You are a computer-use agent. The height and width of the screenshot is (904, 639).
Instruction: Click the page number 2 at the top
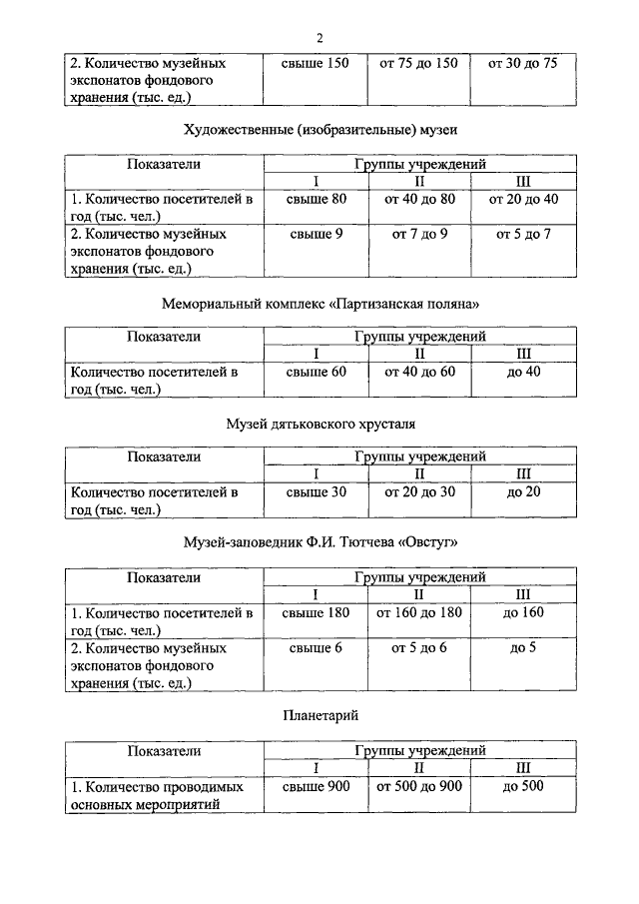coord(319,38)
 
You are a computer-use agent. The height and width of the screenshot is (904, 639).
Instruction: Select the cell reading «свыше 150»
coord(317,63)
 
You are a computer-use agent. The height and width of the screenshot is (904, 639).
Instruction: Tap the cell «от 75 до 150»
coord(418,63)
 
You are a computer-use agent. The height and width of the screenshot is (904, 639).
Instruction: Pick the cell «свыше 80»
coord(317,200)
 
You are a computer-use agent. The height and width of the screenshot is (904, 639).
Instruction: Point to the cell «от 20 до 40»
coord(522,200)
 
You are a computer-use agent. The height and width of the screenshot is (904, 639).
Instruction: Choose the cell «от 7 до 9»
coord(419,234)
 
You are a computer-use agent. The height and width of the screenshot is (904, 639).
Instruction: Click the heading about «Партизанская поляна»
coord(319,302)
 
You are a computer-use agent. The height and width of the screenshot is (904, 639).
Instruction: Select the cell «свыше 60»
coord(317,373)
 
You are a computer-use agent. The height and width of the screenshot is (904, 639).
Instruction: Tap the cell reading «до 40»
coord(523,373)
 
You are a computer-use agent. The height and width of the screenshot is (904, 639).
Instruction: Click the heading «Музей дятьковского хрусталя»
coord(319,425)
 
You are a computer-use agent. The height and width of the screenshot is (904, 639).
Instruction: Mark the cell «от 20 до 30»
coord(419,491)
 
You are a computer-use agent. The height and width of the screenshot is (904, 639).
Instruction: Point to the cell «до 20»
coord(523,491)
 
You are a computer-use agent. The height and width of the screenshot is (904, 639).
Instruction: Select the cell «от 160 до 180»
coord(419,612)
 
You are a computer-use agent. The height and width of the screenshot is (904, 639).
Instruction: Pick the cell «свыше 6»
coord(317,647)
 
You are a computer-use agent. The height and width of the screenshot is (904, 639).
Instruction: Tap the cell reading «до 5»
coord(523,647)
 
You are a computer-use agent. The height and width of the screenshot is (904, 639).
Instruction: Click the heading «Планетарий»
coord(319,715)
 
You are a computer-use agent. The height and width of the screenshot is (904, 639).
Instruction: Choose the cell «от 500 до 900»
coord(419,786)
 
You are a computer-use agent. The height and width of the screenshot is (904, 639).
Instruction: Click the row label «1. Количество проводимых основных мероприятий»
coord(159,795)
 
